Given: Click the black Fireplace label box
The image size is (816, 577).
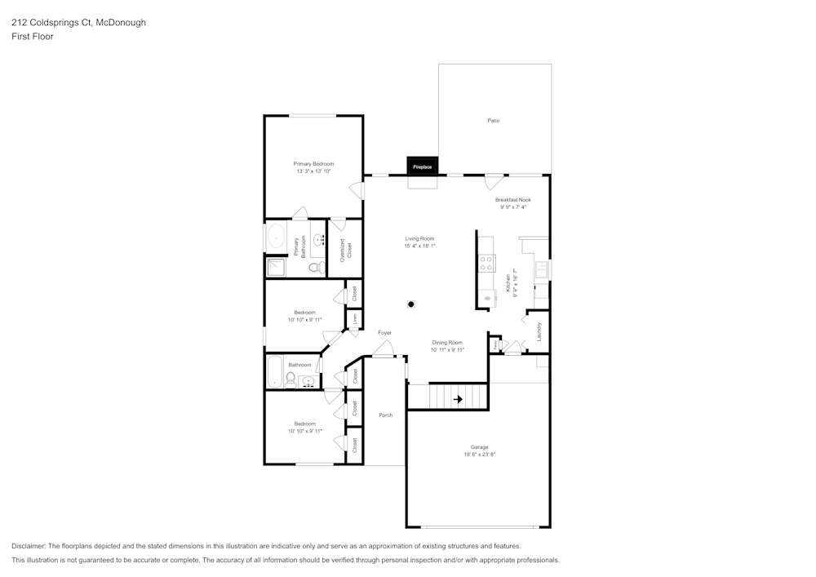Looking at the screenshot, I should pyautogui.click(x=423, y=166).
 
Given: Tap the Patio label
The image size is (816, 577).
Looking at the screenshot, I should pyautogui.click(x=494, y=121).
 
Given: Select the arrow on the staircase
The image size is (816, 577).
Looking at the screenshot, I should pyautogui.click(x=458, y=399).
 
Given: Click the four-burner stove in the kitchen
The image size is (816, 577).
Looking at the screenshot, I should pyautogui.click(x=486, y=263).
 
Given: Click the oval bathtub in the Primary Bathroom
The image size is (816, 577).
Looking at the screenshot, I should pyautogui.click(x=274, y=238).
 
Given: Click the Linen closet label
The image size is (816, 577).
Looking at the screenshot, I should pyautogui.click(x=354, y=320).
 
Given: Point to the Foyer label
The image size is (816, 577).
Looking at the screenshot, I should pyautogui.click(x=384, y=333).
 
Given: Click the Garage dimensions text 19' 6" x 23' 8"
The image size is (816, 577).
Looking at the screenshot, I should pyautogui.click(x=479, y=454).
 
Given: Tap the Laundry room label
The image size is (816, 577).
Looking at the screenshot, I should pyautogui.click(x=539, y=331).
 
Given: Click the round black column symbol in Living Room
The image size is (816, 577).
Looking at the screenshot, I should pyautogui.click(x=412, y=304).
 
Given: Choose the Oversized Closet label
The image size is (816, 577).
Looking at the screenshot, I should pyautogui.click(x=345, y=250).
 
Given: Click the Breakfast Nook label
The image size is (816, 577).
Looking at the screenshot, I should pyautogui.click(x=513, y=200).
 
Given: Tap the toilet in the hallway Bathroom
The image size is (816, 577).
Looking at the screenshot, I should pyautogui.click(x=290, y=378).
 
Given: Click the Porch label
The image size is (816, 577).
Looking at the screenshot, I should pyautogui.click(x=385, y=415).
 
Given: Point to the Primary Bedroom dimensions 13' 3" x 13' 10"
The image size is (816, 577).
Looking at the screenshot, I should pyautogui.click(x=313, y=171).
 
